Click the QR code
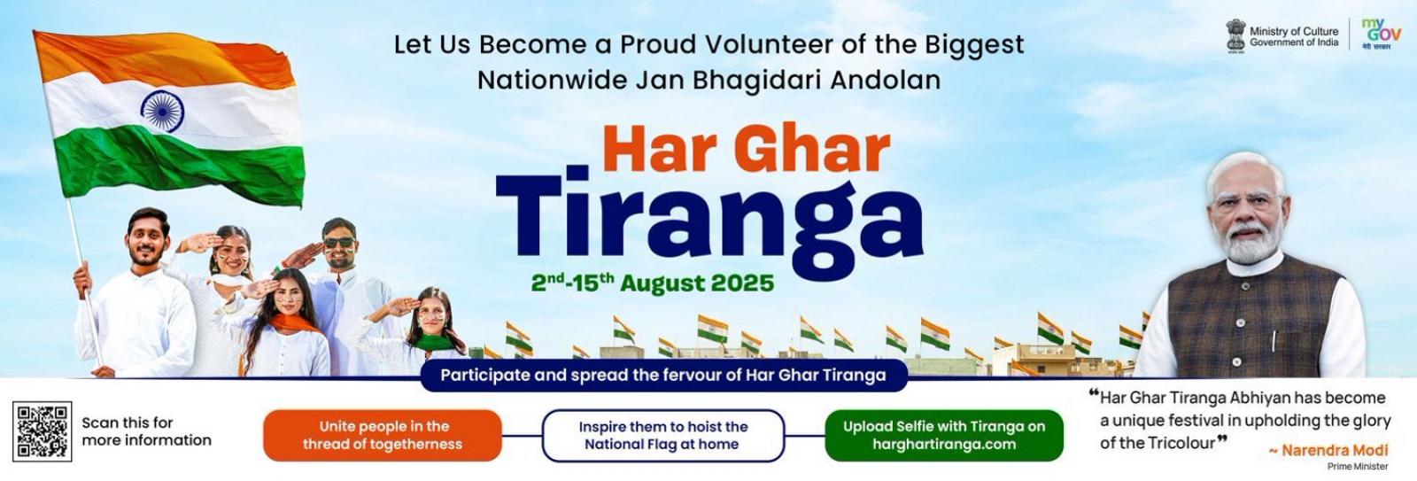[x=42, y=431]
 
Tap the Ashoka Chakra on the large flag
[x=162, y=111]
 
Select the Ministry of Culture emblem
[x=1235, y=36]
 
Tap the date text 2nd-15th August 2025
[x=652, y=283]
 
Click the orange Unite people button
[x=382, y=436]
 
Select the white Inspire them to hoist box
[x=663, y=436]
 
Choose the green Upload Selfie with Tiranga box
[x=944, y=436]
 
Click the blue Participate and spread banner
[x=663, y=376]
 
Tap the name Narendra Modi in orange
[x=1334, y=451]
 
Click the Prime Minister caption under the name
[x=1358, y=467]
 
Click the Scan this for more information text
[x=146, y=431]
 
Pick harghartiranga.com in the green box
[x=944, y=445]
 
